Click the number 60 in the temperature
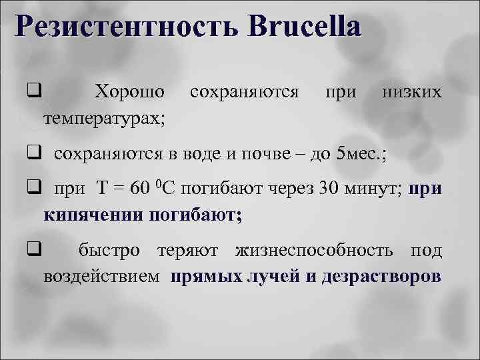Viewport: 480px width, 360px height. (x=143, y=191)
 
